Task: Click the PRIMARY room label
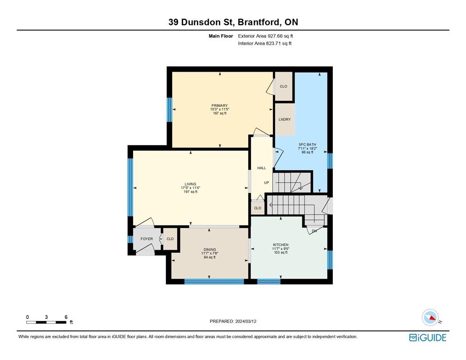220,106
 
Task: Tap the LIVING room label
189,184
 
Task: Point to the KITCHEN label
281,245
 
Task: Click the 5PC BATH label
307,144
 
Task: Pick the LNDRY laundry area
285,119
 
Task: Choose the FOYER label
147,239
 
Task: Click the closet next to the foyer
170,239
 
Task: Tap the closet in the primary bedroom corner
283,87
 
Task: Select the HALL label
262,168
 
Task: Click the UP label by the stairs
266,183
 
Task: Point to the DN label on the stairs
314,231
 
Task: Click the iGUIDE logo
428,338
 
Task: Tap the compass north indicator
430,318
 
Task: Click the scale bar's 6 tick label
66,317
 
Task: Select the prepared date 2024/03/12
233,322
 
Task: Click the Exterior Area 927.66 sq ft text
265,36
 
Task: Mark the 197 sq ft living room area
189,192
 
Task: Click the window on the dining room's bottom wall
214,281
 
